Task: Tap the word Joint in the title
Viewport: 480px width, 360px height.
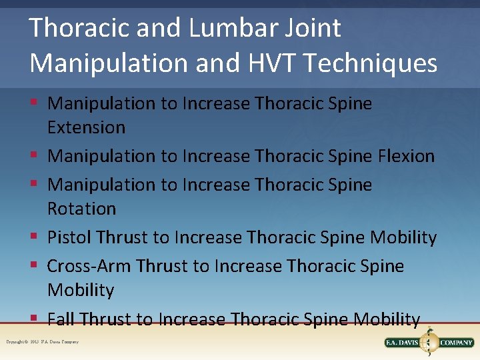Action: click(311, 28)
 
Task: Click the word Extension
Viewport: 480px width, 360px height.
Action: click(86, 127)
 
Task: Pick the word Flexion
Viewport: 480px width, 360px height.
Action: click(406, 156)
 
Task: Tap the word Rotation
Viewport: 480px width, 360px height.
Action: click(81, 209)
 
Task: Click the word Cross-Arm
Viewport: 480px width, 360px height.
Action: click(89, 266)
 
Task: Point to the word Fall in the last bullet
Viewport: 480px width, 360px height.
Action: click(60, 319)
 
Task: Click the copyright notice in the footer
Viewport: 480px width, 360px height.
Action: click(42, 342)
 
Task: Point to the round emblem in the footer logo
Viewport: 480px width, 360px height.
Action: click(429, 342)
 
